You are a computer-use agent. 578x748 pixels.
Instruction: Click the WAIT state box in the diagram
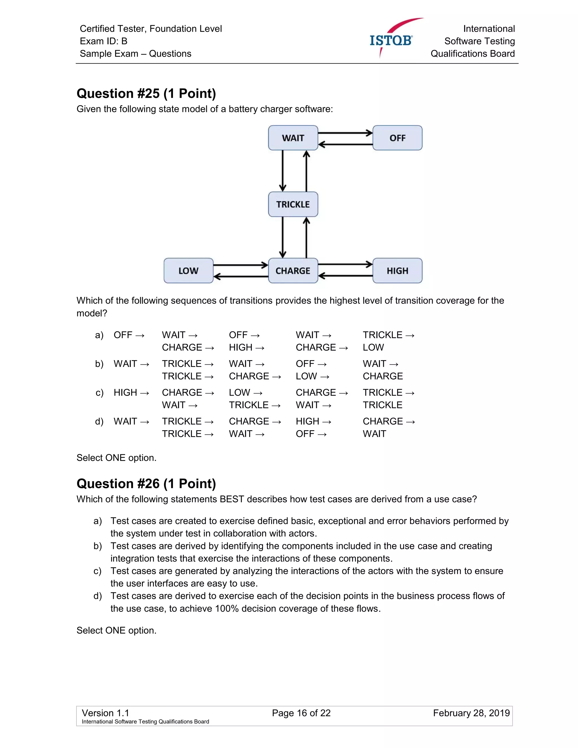(x=293, y=138)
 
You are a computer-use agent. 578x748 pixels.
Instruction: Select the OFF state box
(x=397, y=138)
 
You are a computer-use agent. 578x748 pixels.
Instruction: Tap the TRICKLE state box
(x=293, y=204)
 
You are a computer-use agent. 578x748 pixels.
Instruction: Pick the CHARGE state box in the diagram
(x=293, y=271)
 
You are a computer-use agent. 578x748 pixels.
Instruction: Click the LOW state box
(x=188, y=271)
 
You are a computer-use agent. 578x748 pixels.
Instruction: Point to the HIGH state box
(x=397, y=271)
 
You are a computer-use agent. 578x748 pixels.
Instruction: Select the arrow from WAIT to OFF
(x=345, y=133)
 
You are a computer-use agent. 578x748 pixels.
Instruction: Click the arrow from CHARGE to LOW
(x=241, y=276)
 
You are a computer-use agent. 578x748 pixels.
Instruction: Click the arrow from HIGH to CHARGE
(x=345, y=276)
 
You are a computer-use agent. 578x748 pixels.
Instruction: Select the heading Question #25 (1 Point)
(x=146, y=93)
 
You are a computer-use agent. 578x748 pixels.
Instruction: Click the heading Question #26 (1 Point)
(x=146, y=484)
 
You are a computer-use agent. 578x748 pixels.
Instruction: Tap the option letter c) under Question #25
(x=99, y=393)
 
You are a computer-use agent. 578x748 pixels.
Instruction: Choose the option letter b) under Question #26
(x=98, y=546)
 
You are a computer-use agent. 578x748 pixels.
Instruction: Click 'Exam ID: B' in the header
(x=103, y=41)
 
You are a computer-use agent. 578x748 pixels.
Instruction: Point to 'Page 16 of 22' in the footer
(x=301, y=713)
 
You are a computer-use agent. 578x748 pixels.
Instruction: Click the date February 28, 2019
(x=471, y=713)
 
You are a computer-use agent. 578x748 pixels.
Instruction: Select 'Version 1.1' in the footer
(x=106, y=713)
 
